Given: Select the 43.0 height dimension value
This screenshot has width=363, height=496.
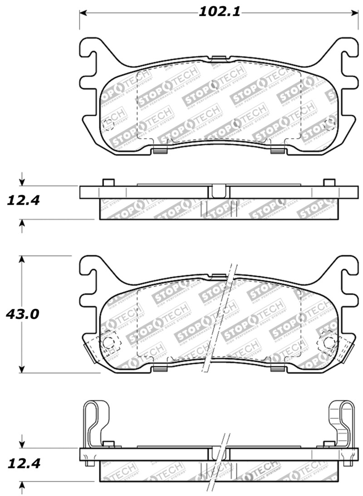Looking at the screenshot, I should (x=22, y=314).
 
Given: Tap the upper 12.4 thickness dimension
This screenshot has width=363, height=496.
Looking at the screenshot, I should (x=22, y=199).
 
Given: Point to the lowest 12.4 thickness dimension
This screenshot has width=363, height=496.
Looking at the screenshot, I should (x=24, y=464).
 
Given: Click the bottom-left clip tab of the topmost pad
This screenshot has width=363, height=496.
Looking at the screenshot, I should (x=159, y=151).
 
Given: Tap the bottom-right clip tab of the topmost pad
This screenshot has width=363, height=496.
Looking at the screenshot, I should (x=276, y=151).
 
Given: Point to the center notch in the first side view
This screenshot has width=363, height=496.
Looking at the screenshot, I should (x=218, y=191).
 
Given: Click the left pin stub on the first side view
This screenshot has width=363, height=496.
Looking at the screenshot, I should (x=108, y=182).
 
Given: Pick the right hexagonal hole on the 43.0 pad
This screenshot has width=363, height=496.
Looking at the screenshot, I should (x=328, y=343).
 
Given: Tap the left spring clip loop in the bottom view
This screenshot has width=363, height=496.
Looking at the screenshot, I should (x=93, y=422).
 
